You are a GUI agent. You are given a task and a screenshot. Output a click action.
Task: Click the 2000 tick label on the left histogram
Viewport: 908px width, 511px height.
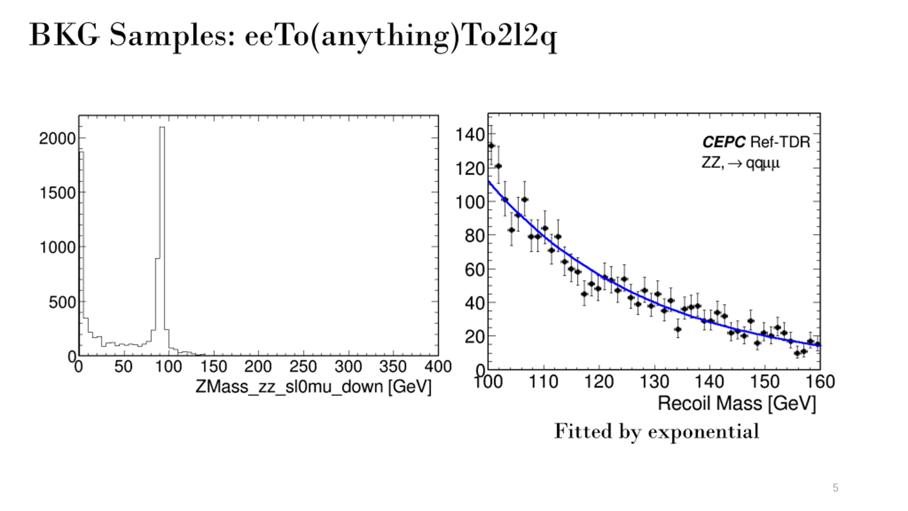57,138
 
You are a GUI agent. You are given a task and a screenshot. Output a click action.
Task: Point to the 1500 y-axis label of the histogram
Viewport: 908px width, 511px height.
57,193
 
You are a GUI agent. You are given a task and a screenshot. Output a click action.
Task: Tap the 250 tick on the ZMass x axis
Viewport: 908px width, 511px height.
303,367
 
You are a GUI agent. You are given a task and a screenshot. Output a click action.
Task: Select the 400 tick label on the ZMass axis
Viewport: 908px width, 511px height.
438,367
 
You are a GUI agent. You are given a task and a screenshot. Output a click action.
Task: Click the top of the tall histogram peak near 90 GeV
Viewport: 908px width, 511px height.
162,128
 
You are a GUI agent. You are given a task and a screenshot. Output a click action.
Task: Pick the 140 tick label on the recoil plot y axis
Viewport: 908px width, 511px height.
470,135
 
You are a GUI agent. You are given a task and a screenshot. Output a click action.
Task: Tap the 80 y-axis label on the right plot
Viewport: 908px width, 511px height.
475,236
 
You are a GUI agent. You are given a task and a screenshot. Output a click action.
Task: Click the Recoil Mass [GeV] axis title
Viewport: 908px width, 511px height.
737,404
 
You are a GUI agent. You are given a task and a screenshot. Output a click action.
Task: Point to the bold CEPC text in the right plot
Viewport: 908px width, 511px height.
724,142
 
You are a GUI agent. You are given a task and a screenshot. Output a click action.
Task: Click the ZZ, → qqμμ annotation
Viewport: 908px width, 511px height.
741,163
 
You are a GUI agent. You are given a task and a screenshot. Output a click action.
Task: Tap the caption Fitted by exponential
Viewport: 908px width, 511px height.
657,432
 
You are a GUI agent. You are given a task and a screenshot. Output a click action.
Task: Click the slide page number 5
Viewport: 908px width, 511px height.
835,488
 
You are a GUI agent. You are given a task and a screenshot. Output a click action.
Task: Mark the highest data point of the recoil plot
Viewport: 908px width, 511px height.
491,146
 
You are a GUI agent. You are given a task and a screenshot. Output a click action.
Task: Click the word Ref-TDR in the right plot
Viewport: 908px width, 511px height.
780,142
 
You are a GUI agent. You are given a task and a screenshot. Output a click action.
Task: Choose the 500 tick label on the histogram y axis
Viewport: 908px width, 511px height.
62,303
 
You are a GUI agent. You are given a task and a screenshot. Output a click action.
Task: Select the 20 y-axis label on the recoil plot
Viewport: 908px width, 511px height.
475,336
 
